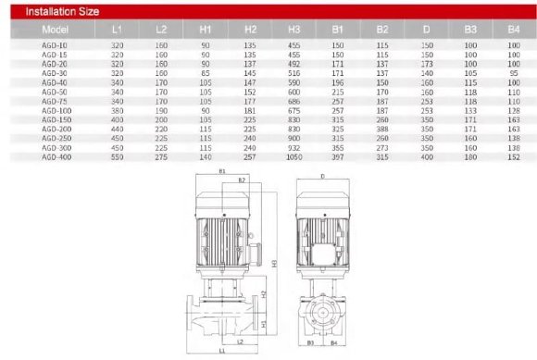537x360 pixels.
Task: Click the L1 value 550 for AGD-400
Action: (117, 158)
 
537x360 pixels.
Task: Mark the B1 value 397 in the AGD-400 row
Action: (337, 158)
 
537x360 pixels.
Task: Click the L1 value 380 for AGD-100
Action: (117, 110)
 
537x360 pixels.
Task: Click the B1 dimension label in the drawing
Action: (222, 172)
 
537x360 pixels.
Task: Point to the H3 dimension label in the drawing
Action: (275, 264)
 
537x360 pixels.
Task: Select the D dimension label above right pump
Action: (322, 173)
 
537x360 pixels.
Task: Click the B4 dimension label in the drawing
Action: (332, 342)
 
